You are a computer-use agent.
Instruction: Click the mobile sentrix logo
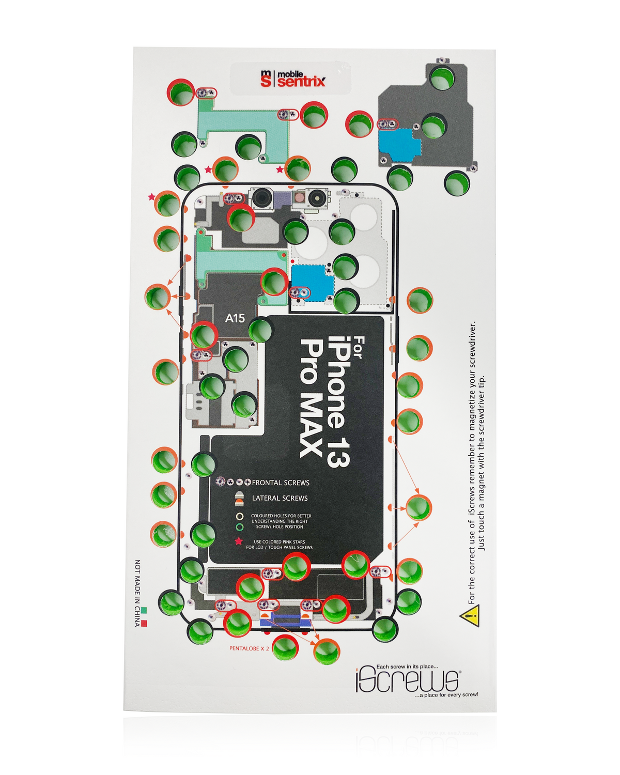[x=293, y=79]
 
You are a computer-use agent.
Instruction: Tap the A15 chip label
[x=235, y=318]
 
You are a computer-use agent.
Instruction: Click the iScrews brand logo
[x=407, y=680]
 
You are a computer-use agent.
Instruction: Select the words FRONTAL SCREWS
[x=281, y=483]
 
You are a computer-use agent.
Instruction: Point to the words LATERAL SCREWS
[x=280, y=498]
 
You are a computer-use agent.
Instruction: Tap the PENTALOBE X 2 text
[x=249, y=648]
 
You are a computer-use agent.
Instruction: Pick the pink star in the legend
[x=239, y=541]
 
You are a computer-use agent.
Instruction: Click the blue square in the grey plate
[x=399, y=142]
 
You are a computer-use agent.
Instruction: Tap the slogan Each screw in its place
[x=407, y=667]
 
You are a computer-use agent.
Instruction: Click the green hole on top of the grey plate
[x=442, y=78]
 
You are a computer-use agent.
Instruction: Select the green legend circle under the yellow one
[x=239, y=527]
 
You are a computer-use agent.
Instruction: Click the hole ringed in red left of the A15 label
[x=203, y=335]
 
